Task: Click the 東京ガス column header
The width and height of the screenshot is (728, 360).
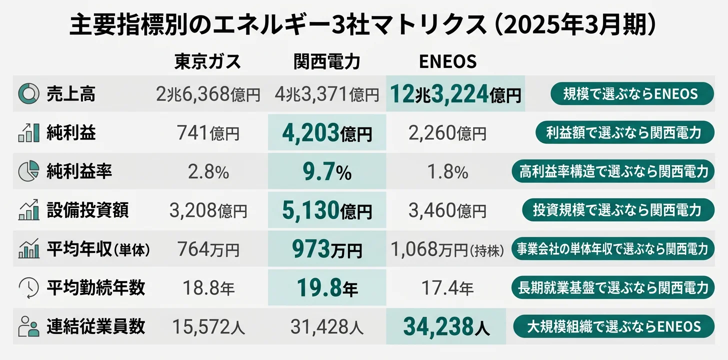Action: coord(207,61)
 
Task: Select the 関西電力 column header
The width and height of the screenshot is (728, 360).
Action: coord(327,61)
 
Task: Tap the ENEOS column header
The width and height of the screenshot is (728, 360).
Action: coord(447,61)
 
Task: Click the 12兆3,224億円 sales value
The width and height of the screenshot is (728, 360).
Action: coord(455,94)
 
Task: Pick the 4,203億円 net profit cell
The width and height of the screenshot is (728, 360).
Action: coord(327,133)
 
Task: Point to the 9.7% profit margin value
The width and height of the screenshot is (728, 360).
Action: coord(327,172)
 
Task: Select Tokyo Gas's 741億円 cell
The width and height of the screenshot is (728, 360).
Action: coord(208,133)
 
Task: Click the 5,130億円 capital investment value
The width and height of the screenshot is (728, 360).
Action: coord(327,210)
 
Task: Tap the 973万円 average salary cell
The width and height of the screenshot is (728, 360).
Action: coord(327,249)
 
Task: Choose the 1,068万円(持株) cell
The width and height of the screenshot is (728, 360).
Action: coord(447,249)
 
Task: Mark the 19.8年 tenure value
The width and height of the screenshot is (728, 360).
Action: coord(327,288)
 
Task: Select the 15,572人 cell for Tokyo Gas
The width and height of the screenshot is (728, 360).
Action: coord(208,327)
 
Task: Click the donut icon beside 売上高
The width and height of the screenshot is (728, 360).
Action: coord(28,93)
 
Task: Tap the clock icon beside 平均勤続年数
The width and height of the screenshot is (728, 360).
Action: coord(28,288)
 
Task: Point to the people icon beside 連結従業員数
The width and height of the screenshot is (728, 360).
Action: coord(28,327)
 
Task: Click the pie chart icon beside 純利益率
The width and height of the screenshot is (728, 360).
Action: coord(28,171)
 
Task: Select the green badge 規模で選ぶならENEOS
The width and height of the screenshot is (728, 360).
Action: coord(631,93)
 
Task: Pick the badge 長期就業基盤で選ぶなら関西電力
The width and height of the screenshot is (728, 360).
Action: coord(613,288)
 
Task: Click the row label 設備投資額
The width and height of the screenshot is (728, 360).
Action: coord(87,210)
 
